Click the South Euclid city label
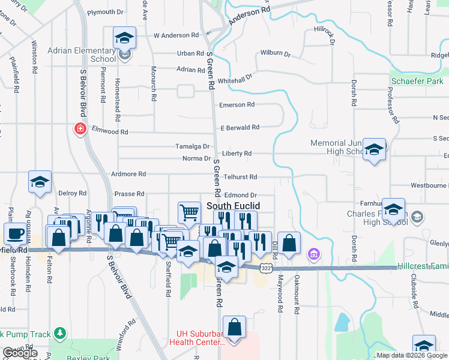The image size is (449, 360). [233, 205]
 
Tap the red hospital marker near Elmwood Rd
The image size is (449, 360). [79, 128]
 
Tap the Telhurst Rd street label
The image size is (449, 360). [240, 177]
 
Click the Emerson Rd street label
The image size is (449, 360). [237, 104]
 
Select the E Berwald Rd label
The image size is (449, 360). [240, 127]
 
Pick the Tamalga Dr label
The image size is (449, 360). [192, 146]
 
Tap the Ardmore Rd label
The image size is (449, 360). [128, 174]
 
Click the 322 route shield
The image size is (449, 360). [264, 268]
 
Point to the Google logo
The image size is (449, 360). [20, 353]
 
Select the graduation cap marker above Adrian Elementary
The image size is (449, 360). [124, 38]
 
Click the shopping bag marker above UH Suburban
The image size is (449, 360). [234, 328]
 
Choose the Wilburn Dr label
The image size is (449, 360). [276, 54]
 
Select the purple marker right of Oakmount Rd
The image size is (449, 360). [313, 254]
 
